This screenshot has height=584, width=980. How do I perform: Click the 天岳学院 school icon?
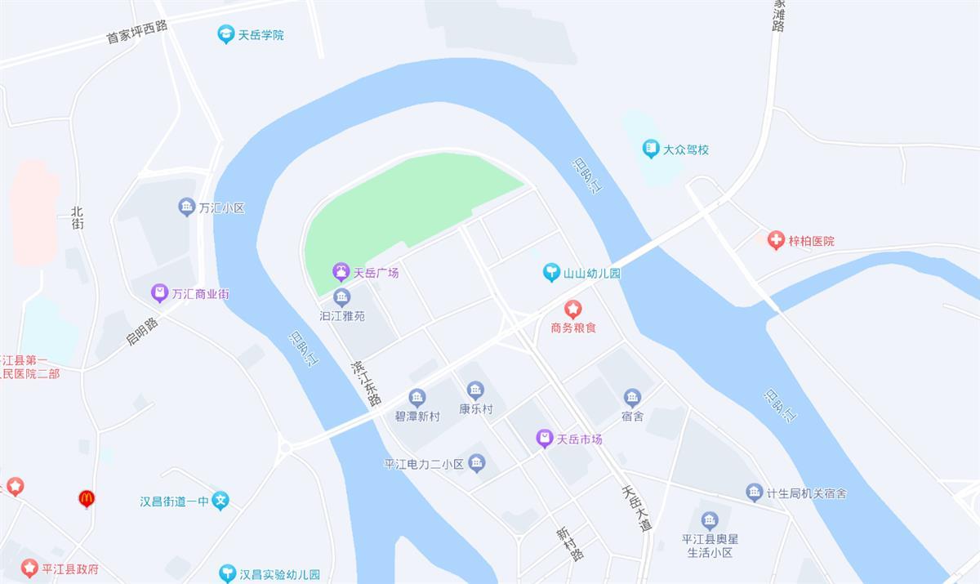[226, 34]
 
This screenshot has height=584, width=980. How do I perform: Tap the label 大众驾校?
[686, 149]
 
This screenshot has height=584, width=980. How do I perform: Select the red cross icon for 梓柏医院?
[776, 241]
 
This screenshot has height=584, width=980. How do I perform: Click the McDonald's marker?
[87, 498]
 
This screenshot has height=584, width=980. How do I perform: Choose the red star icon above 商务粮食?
[574, 309]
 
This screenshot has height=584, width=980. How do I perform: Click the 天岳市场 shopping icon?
[545, 439]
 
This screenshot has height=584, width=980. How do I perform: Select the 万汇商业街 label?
[200, 293]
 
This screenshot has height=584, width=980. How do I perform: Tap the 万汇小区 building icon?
[187, 207]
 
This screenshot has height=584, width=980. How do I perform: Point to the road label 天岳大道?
[636, 509]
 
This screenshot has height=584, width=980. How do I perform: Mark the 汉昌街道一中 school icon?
[220, 501]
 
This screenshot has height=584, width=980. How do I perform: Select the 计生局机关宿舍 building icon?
[755, 493]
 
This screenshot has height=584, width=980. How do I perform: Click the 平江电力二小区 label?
[424, 464]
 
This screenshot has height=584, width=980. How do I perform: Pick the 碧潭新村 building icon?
[417, 398]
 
